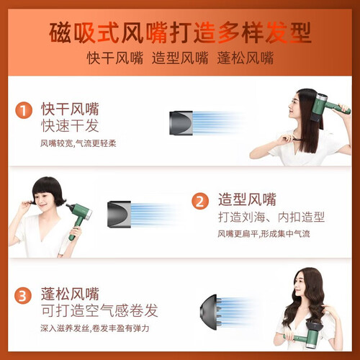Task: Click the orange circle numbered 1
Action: tap(24, 110)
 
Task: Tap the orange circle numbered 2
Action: tap(200, 201)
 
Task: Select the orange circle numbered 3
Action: tap(23, 295)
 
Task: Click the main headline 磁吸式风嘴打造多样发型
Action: tap(180, 32)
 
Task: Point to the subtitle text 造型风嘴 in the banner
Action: tap(180, 58)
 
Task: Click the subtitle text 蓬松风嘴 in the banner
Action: tap(246, 58)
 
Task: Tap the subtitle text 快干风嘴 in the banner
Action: tap(114, 58)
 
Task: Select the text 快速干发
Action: tap(70, 125)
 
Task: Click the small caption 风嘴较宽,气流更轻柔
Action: tap(78, 143)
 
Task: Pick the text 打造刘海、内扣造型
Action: tap(271, 217)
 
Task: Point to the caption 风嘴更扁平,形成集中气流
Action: tap(264, 233)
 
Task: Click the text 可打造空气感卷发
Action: tap(99, 310)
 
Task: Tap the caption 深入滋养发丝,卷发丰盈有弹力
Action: tap(95, 328)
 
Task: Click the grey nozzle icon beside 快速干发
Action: tap(181, 123)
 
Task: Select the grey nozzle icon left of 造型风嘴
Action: tap(119, 214)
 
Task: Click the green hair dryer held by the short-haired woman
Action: tap(78, 219)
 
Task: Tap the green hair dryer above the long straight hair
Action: tap(329, 107)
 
